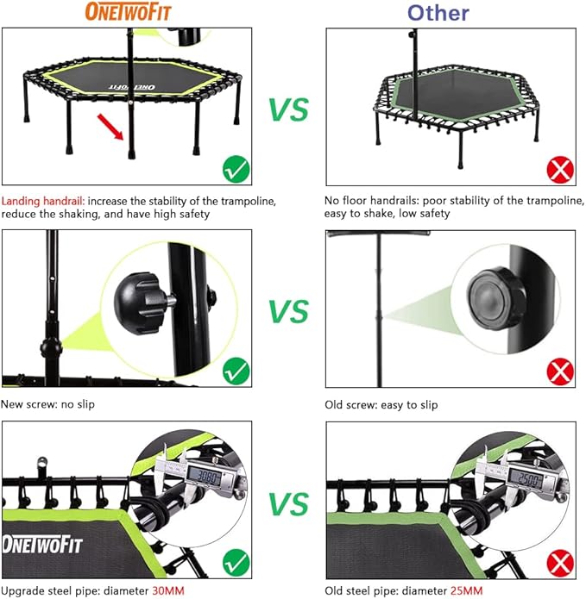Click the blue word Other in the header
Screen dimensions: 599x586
tap(438, 12)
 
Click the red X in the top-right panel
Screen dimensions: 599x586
tap(561, 169)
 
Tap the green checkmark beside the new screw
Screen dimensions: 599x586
tap(236, 372)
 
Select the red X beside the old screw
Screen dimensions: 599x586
tap(561, 372)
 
